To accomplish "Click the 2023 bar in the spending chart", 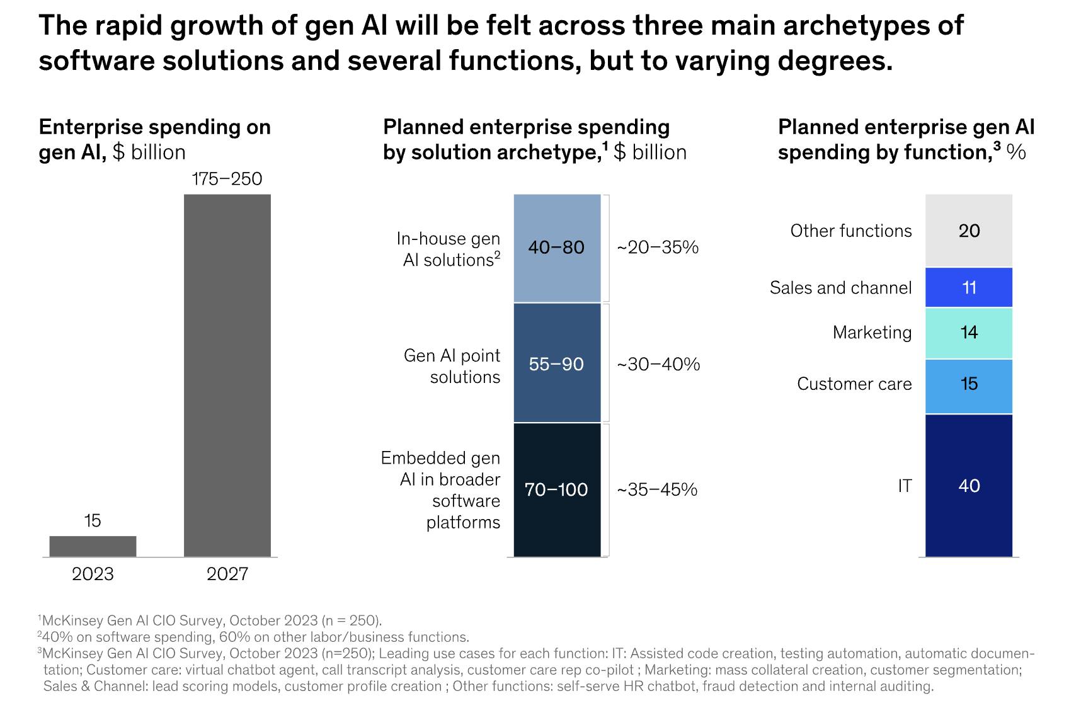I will click(93, 546).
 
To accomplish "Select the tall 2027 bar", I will click(227, 375).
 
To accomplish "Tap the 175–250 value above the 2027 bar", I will click(227, 179).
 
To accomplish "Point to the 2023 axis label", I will click(93, 574).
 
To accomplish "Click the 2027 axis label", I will click(227, 574).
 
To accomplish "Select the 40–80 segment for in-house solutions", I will click(557, 248).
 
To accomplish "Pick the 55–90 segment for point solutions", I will click(557, 363).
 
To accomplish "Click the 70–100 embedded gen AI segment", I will click(557, 489).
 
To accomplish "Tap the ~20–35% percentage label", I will click(657, 248).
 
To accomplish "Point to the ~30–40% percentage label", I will click(658, 364).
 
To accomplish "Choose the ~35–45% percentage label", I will click(656, 489).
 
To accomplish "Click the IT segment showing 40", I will click(968, 486).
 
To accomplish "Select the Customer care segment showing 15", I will click(968, 384).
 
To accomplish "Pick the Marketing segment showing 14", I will click(968, 333).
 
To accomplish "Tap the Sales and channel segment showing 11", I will click(968, 288).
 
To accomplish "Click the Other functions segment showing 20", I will click(968, 231).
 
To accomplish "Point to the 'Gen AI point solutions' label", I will click(452, 366).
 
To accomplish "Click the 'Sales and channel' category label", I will click(840, 288).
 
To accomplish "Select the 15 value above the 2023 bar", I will click(93, 520).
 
